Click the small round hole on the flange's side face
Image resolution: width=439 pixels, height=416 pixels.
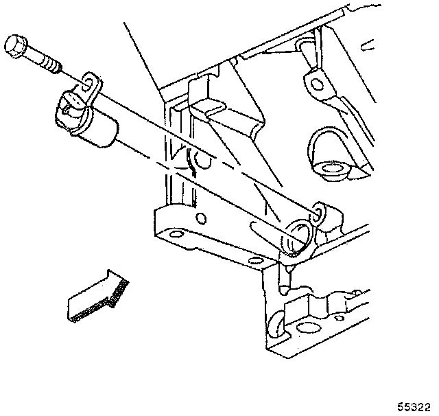point(200,218)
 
